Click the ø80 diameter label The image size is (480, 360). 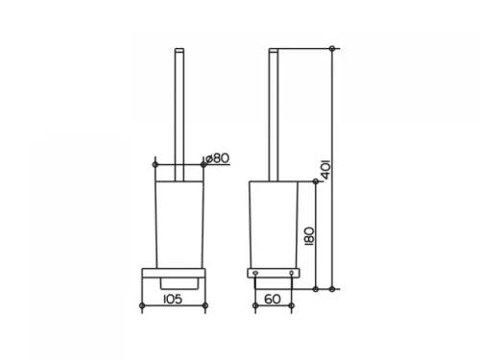point(217,157)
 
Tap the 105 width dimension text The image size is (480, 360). point(173,300)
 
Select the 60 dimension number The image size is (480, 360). point(273,300)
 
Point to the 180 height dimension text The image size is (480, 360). point(309,236)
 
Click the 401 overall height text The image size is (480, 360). point(326,169)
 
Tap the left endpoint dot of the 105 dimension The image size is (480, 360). point(142,305)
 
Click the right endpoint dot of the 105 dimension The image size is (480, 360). point(205,305)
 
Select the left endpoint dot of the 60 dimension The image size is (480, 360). point(255,305)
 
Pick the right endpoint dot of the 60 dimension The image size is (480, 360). point(291,305)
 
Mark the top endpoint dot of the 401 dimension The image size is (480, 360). point(332,49)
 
